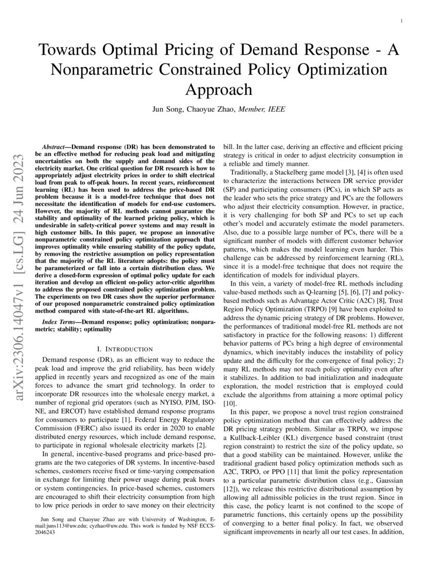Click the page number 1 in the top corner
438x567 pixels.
pos(401,21)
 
